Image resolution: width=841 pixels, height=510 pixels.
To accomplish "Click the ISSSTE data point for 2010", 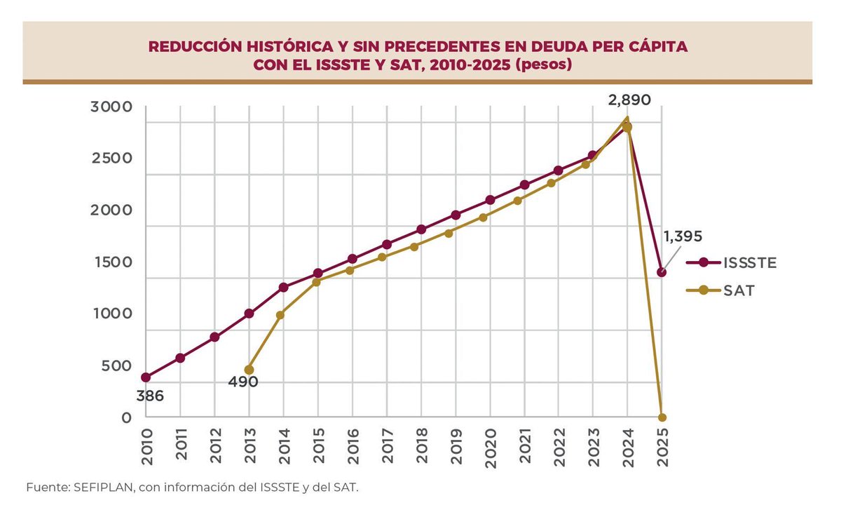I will [146, 377].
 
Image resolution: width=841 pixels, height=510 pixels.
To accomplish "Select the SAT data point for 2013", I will [249, 370].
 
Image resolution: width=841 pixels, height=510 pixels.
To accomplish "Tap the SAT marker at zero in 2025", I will [662, 417].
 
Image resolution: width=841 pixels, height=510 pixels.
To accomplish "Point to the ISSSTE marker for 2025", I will [662, 272].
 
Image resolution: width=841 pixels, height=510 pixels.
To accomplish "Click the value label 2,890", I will [629, 100].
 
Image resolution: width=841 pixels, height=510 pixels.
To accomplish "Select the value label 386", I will [149, 396].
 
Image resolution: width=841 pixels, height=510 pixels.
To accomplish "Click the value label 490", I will [242, 382].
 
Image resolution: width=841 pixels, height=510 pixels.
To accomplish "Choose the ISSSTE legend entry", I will [730, 262].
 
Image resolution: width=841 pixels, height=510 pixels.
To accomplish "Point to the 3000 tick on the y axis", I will [111, 107].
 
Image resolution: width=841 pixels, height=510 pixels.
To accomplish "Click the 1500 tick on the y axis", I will [111, 262].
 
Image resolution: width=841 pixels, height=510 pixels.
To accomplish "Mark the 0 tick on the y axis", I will [127, 417].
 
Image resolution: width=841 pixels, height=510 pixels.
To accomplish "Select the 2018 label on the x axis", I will [421, 446].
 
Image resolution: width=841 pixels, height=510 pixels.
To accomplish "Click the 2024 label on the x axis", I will [627, 446].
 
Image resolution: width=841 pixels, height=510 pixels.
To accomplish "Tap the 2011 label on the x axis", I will [181, 446].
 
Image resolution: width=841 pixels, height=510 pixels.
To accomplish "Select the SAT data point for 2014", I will [283, 315].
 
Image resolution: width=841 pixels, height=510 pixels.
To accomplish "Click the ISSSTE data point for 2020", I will [490, 200].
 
